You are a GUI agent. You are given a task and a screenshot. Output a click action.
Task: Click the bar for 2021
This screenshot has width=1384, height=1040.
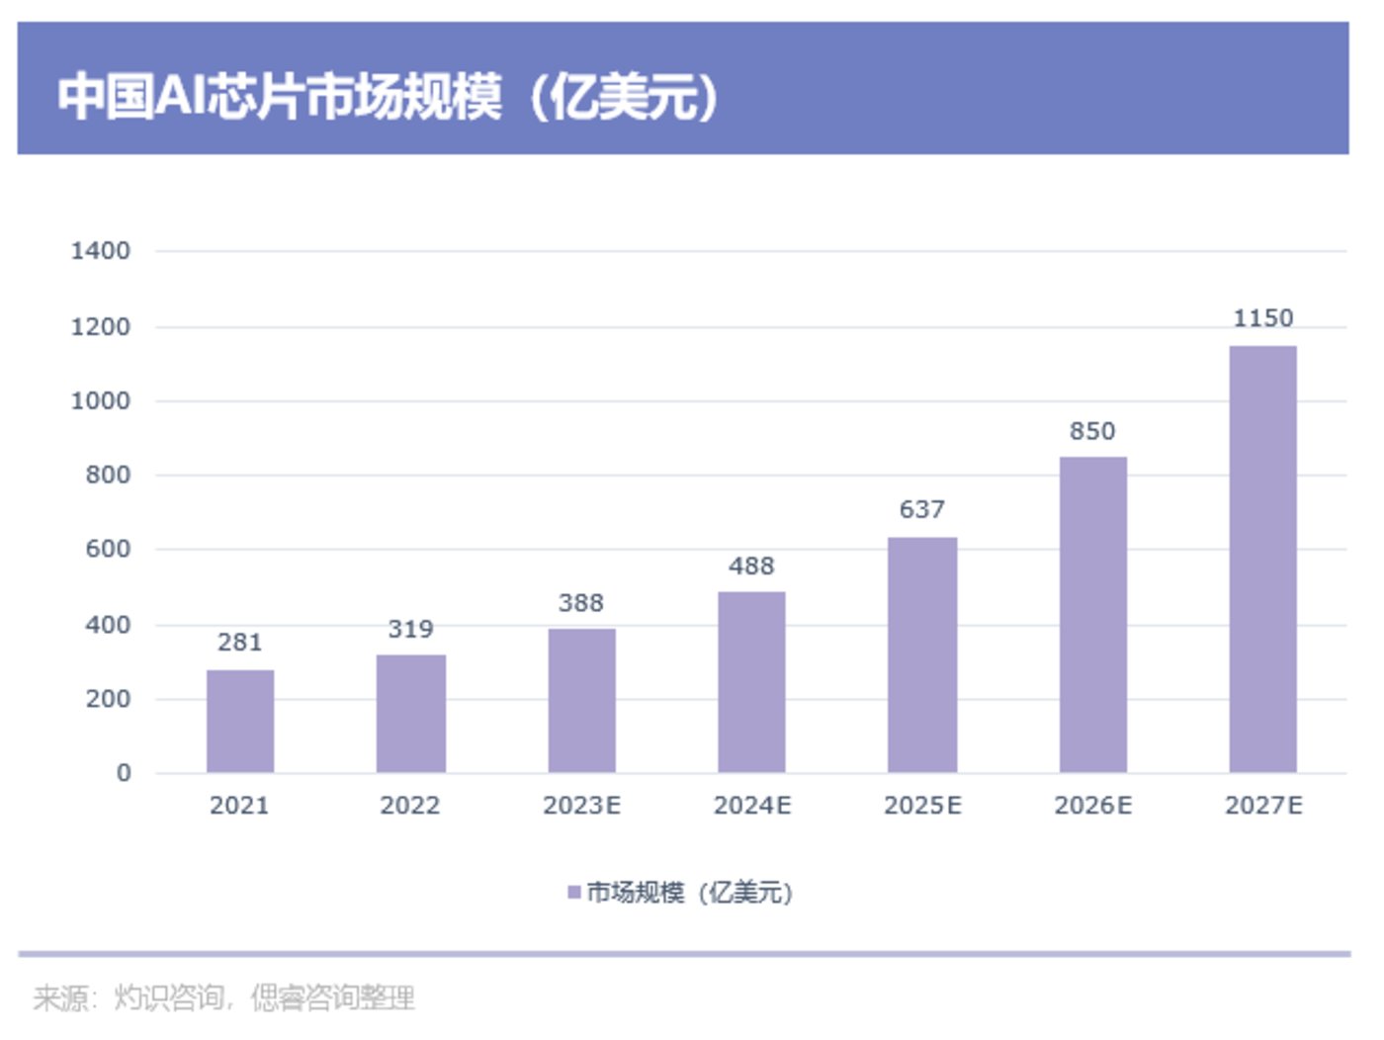coord(240,721)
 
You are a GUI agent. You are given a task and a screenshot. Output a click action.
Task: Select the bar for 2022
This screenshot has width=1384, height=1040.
coord(410,713)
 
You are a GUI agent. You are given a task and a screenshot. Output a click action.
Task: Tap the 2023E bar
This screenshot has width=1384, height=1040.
coord(581,700)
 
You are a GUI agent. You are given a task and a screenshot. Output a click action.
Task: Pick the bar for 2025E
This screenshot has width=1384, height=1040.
coord(922,654)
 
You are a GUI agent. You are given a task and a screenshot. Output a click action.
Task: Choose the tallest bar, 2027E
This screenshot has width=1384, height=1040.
coord(1262,559)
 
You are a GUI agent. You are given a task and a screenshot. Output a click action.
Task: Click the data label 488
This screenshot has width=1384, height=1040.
coord(751,566)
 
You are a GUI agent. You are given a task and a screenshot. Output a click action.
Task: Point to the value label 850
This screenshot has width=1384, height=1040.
coord(1092,431)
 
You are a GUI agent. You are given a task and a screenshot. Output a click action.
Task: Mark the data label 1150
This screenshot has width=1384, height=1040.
coord(1262,318)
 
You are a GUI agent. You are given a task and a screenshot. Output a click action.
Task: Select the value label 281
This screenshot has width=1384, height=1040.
coord(240,643)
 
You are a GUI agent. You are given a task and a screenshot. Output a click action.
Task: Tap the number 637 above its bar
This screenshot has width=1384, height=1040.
coord(922,509)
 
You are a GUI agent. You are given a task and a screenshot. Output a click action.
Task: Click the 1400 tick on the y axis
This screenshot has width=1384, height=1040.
coord(100,251)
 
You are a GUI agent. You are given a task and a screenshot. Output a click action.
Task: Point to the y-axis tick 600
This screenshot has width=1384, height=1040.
coord(108,550)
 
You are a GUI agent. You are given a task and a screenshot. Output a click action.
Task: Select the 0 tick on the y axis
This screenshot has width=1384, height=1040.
coord(124,773)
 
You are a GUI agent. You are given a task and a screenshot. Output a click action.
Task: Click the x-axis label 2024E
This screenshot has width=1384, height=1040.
coord(752,806)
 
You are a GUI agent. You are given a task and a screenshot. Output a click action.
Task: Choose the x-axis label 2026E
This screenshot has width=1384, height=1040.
coord(1093,806)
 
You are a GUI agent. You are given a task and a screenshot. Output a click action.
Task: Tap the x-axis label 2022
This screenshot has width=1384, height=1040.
coord(410,806)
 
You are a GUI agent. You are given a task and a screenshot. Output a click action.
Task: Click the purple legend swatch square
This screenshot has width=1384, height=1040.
coord(574,893)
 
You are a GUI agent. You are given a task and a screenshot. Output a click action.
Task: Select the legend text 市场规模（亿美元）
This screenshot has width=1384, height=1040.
coord(690,893)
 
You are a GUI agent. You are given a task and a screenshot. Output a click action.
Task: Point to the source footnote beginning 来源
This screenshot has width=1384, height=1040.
coord(223,997)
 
